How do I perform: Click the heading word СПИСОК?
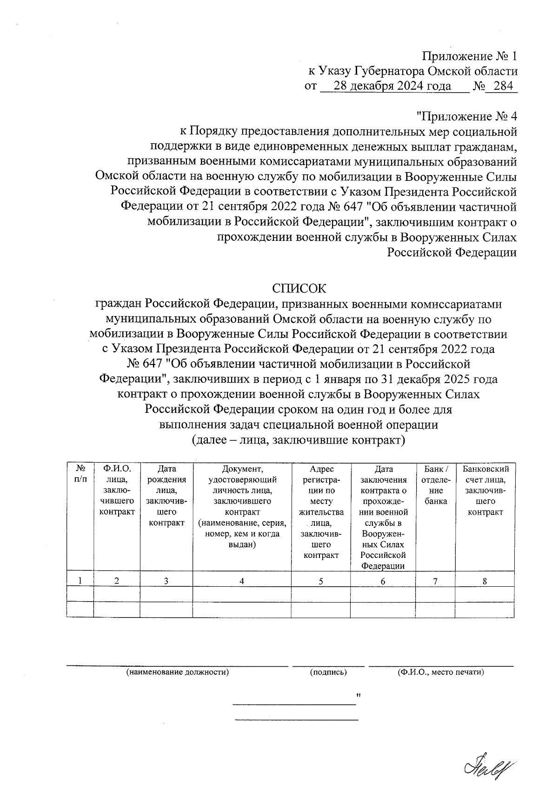pyautogui.click(x=299, y=288)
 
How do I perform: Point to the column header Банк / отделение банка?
pyautogui.click(x=436, y=485)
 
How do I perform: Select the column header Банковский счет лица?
pyautogui.click(x=485, y=490)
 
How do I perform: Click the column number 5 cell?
pyautogui.click(x=321, y=580)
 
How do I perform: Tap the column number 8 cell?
pyautogui.click(x=485, y=580)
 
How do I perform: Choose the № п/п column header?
pyautogui.click(x=80, y=474)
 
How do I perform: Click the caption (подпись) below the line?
pyautogui.click(x=328, y=672)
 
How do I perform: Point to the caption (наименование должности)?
pyautogui.click(x=178, y=672)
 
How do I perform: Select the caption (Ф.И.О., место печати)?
pyautogui.click(x=441, y=672)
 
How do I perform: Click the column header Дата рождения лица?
pyautogui.click(x=166, y=496)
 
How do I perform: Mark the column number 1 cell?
pyautogui.click(x=80, y=580)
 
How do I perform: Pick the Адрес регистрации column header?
pyautogui.click(x=321, y=511)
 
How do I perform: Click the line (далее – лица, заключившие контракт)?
pyautogui.click(x=299, y=440)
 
